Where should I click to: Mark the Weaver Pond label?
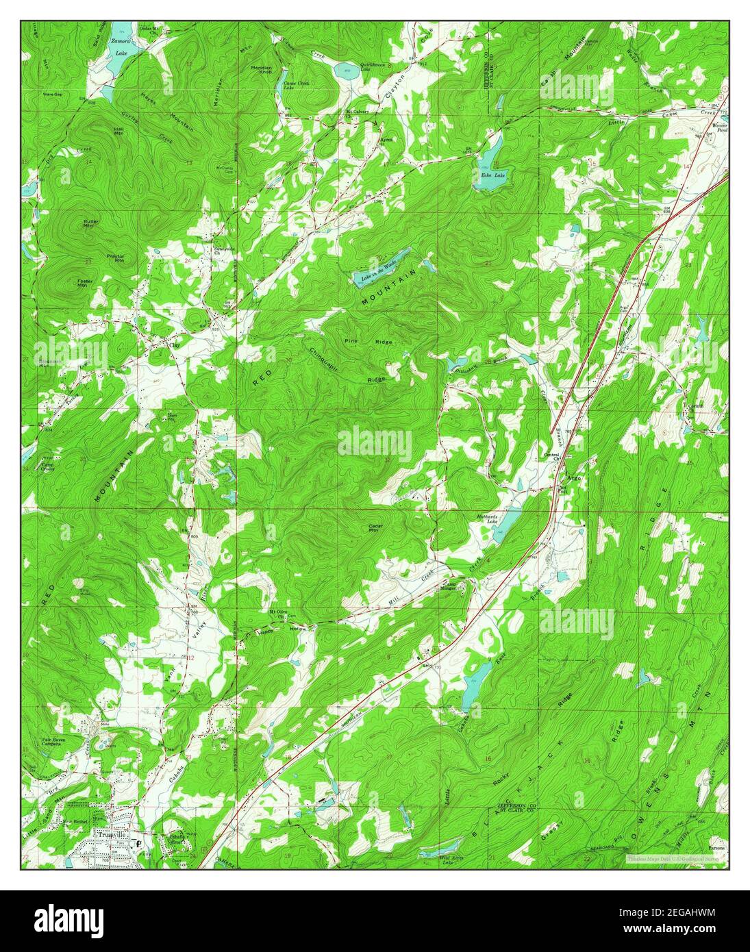click(719, 128)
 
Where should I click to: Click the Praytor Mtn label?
click(115, 258)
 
